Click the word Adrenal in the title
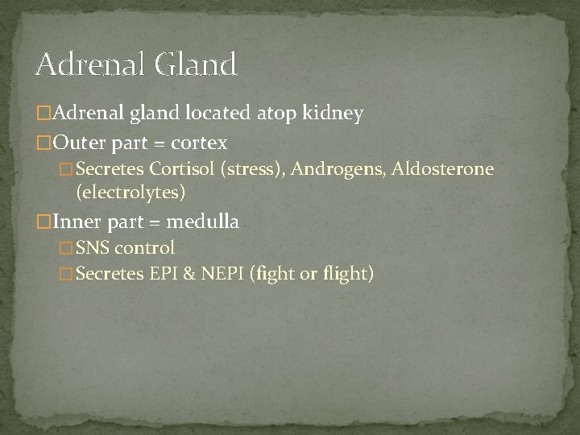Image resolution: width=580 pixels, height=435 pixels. click(86, 64)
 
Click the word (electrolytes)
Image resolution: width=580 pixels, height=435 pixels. click(130, 192)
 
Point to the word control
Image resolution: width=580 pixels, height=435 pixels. click(145, 247)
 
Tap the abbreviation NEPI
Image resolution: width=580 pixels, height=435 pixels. click(220, 274)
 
